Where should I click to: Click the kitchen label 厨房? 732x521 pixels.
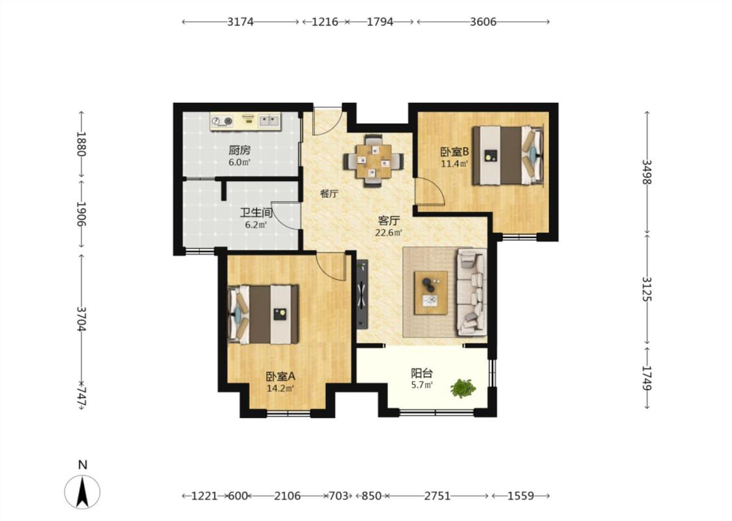point(239,150)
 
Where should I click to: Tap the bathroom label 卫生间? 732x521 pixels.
point(256,212)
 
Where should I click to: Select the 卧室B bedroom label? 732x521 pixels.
point(455,152)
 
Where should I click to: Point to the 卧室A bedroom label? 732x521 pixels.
point(280,376)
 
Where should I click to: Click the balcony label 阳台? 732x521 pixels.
point(422,373)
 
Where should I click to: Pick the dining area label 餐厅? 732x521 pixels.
point(329,194)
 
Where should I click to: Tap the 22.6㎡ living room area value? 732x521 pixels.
point(389,232)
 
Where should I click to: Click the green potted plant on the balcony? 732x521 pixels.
point(463,388)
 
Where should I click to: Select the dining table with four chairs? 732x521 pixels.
point(373,161)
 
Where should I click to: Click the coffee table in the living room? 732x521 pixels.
point(431,293)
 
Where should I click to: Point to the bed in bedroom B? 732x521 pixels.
point(508,155)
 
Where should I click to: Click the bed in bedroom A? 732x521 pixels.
point(262,315)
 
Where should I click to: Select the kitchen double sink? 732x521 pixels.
point(269,122)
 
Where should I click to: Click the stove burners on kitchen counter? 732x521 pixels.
point(222,122)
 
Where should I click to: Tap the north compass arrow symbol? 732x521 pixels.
point(83,492)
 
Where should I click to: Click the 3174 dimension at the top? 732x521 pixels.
point(240,21)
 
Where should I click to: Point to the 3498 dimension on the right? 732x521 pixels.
point(646,172)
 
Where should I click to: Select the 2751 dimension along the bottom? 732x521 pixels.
point(437,496)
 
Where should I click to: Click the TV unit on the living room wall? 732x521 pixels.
point(362,295)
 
